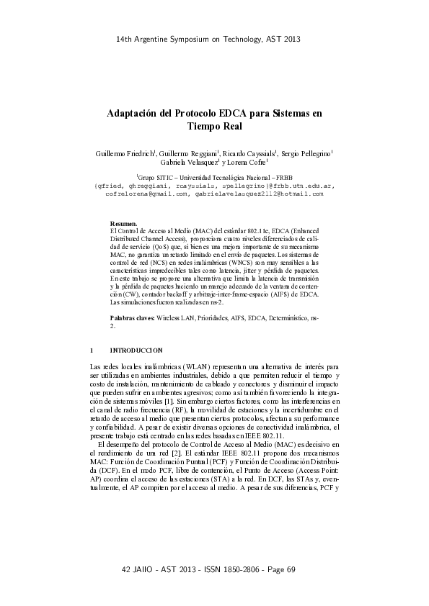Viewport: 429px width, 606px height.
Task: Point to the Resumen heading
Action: [x=124, y=225]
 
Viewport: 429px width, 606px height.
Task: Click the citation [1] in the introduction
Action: [x=186, y=399]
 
